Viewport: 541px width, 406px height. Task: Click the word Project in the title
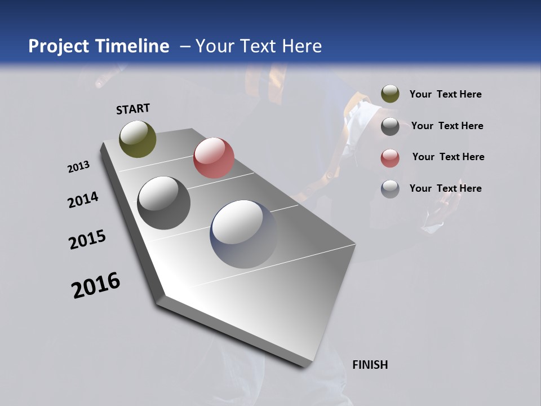click(x=59, y=46)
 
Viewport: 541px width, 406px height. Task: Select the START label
click(x=133, y=109)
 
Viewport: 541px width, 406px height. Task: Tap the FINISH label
click(x=370, y=365)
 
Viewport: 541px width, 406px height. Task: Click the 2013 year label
click(x=78, y=167)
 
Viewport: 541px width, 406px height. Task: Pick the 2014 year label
click(x=83, y=200)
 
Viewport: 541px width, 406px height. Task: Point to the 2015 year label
click(x=87, y=240)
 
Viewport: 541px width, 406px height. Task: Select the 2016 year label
click(x=96, y=285)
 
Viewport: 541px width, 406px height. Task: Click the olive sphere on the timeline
click(x=138, y=139)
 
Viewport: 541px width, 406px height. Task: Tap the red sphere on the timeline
click(x=214, y=158)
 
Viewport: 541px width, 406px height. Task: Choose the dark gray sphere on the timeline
click(x=163, y=203)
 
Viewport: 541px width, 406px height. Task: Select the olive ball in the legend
click(x=390, y=94)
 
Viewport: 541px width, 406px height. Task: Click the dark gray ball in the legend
click(x=390, y=126)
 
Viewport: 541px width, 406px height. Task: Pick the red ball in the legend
click(x=390, y=158)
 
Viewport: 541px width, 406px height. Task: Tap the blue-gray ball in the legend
click(x=390, y=189)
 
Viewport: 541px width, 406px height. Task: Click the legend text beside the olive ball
click(x=445, y=94)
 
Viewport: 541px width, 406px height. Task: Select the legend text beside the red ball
click(x=448, y=157)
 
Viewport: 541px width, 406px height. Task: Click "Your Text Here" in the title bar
click(x=259, y=46)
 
